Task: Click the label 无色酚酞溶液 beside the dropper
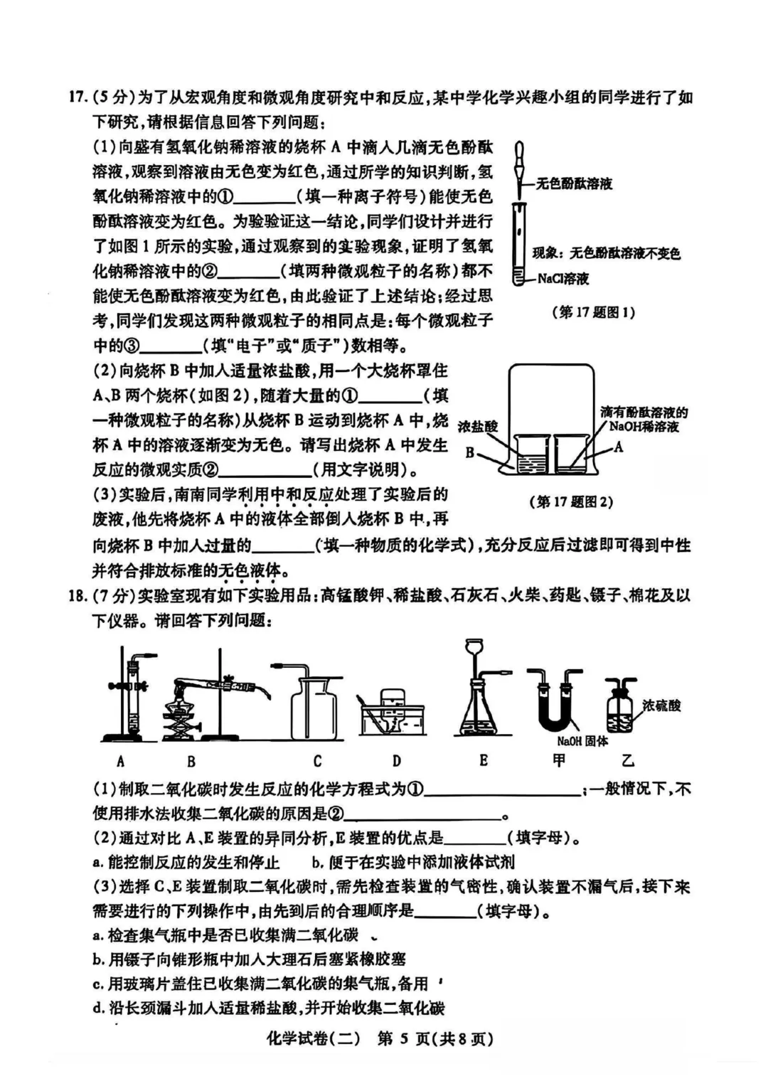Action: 573,183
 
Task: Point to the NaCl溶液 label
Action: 563,279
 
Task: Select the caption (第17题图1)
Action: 593,312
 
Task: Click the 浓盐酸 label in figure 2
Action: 478,427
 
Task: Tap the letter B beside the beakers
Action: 470,452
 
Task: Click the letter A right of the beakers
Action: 618,447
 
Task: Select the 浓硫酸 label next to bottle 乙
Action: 661,705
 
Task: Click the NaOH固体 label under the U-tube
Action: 582,741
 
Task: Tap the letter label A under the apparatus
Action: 120,761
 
